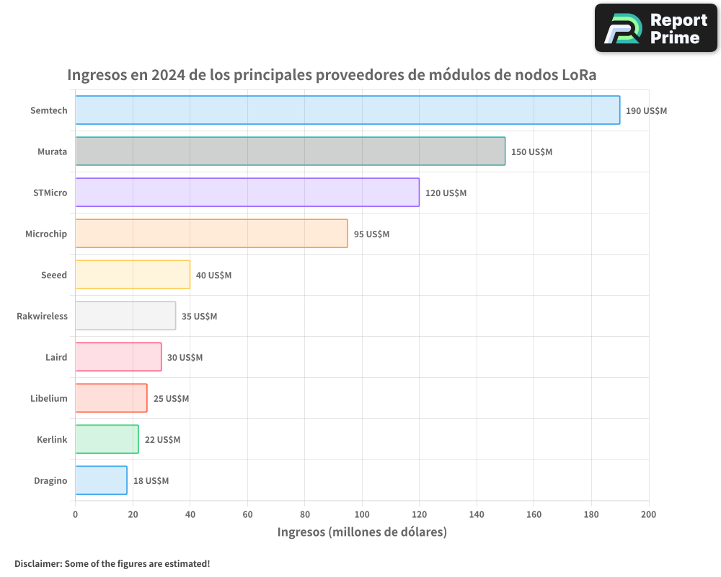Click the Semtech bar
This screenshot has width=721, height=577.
coord(348,110)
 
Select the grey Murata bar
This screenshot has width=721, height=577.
coord(290,151)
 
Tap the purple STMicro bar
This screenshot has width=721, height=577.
coord(247,193)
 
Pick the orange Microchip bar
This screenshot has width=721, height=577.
coord(211,234)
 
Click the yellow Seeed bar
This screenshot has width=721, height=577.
coord(133,275)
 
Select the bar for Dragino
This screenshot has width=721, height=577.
coord(101,480)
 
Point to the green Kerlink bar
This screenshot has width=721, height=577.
coord(107,439)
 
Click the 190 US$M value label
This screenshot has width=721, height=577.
coord(646,111)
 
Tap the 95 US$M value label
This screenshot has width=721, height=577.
coord(371,234)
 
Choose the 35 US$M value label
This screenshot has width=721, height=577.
coord(199,317)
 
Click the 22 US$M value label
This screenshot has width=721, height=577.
coord(162,440)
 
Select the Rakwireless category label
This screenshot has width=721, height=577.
coord(42,316)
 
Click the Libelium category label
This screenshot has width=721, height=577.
coord(49,398)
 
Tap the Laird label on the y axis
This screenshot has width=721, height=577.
coord(56,357)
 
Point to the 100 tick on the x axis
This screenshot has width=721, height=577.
coord(362,514)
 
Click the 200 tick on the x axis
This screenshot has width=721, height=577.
coord(648,514)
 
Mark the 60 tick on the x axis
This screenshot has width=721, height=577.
coord(247,514)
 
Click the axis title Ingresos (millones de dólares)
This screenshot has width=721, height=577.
coord(362,532)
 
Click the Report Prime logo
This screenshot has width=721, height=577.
coord(656,28)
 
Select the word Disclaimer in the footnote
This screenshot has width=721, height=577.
coord(37,563)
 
